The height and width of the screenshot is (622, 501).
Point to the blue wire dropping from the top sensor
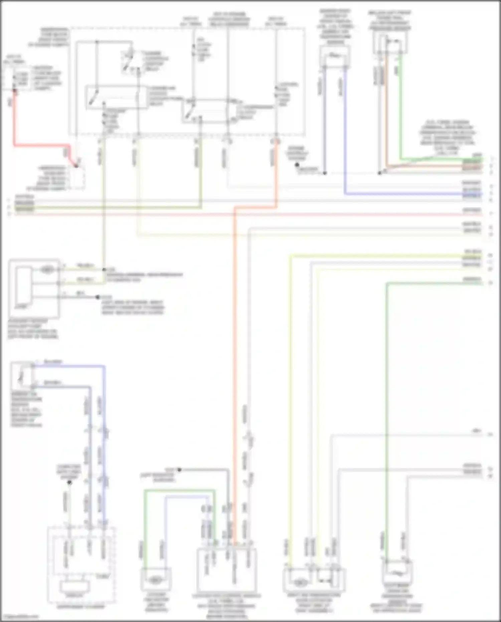pyautogui.click(x=345, y=134)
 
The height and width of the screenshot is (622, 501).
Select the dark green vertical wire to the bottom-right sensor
pyautogui.click(x=386, y=401)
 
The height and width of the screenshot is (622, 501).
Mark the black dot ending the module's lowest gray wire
pyautogui.click(x=98, y=297)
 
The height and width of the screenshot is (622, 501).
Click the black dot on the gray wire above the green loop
pyautogui.click(x=179, y=470)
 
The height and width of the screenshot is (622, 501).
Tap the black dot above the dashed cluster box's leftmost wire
pyautogui.click(x=69, y=482)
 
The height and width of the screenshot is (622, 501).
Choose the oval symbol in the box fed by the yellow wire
pyautogui.click(x=299, y=583)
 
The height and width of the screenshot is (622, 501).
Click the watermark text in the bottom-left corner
pyautogui.click(x=20, y=617)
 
